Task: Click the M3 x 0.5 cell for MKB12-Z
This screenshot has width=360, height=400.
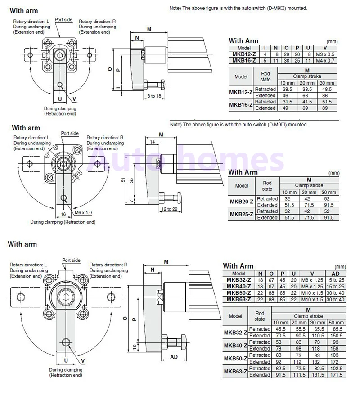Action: coord(325,54)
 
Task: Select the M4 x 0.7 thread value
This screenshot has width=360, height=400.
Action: coord(325,61)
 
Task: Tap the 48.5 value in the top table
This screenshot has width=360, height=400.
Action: coord(327,89)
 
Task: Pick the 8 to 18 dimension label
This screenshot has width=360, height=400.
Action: coord(154,96)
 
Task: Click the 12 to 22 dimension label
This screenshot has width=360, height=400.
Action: coord(169,209)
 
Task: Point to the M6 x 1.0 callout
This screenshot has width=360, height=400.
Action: coord(83,212)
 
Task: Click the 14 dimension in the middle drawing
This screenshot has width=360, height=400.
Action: coord(152,142)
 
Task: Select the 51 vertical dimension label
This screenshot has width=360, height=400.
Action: coord(123,180)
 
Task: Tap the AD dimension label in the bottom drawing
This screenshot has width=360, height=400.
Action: coord(174,357)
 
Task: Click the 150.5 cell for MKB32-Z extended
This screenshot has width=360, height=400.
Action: coord(336,336)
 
